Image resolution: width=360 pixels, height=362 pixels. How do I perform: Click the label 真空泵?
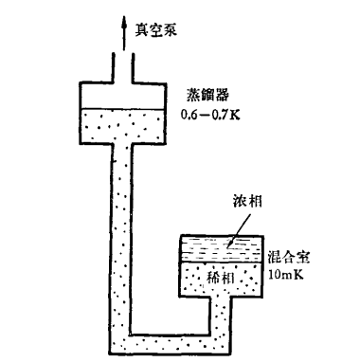click(156, 30)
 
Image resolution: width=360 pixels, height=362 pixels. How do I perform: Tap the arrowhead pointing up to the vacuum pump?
click(124, 23)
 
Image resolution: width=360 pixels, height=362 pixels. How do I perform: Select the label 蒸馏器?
click(207, 95)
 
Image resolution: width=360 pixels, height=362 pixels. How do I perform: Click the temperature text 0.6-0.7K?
click(210, 114)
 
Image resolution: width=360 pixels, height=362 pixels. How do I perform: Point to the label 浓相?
click(247, 201)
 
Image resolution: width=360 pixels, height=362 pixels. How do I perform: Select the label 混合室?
click(289, 257)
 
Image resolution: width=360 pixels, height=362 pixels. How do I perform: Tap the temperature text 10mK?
click(286, 274)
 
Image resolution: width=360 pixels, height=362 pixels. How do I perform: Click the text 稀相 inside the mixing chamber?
click(221, 278)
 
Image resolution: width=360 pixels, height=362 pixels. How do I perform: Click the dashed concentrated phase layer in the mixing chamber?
click(222, 249)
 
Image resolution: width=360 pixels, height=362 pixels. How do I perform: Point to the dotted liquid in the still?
click(123, 125)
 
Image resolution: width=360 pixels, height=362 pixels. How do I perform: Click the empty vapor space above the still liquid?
click(123, 97)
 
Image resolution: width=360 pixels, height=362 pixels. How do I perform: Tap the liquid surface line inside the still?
click(123, 110)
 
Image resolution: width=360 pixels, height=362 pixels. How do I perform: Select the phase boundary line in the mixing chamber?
click(222, 262)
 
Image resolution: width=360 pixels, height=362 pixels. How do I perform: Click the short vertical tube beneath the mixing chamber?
click(222, 316)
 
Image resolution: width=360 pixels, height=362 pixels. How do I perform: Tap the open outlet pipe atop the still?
click(123, 68)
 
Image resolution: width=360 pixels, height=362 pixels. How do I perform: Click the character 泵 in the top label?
click(171, 30)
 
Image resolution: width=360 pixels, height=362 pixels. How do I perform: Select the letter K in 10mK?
click(299, 274)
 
